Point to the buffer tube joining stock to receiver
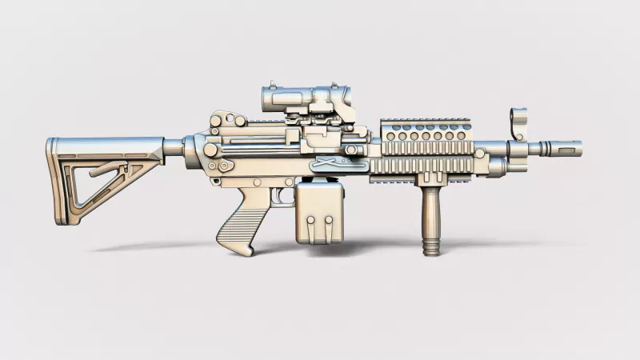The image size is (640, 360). [173, 148]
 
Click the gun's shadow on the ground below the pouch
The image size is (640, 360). [336, 248]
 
